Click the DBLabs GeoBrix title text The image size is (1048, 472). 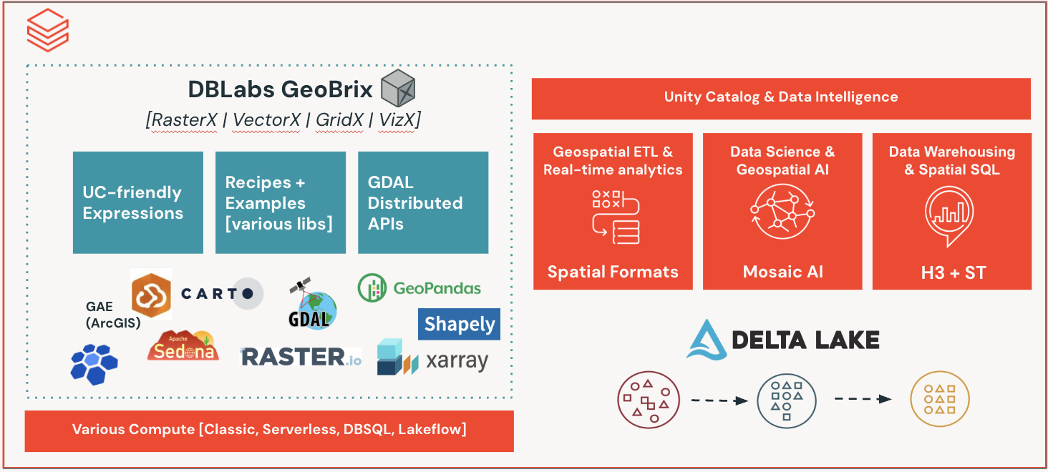tap(280, 90)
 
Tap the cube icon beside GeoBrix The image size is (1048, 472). tap(398, 89)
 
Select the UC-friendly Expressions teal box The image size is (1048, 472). tap(138, 202)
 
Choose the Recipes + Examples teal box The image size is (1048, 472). tap(280, 202)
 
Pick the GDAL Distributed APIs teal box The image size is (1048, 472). tap(422, 202)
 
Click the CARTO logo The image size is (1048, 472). tap(222, 293)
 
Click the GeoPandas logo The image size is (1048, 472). tap(419, 288)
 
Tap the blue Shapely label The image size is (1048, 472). tap(459, 324)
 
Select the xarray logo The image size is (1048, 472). tap(432, 359)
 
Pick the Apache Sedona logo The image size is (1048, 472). tap(183, 346)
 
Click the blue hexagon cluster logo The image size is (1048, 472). tap(94, 364)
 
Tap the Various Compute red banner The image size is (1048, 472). tap(269, 431)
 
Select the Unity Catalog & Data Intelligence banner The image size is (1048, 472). tap(781, 98)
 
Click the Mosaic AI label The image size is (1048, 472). tap(783, 272)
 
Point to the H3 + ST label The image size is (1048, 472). tap(952, 272)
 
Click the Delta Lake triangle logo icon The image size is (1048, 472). tap(707, 339)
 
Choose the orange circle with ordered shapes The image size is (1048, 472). tap(939, 399)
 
